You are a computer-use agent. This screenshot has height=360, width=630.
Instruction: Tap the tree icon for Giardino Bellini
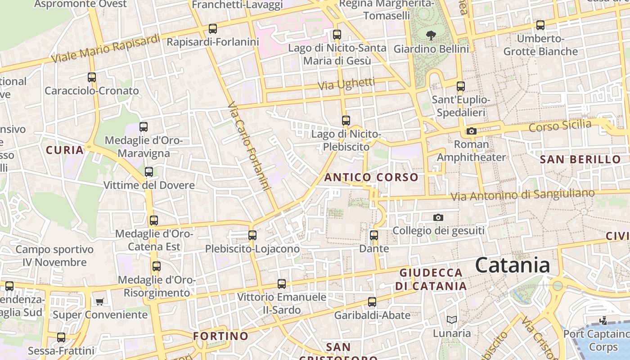click(x=431, y=35)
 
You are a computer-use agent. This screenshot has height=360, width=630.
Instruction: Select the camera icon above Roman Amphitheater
click(x=471, y=131)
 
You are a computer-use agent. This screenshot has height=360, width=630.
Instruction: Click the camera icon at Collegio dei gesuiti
click(x=438, y=217)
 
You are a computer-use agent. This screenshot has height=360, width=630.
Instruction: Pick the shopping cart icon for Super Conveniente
click(x=99, y=301)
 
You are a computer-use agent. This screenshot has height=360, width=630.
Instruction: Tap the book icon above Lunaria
click(x=452, y=319)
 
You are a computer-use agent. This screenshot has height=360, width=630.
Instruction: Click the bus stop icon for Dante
click(x=373, y=235)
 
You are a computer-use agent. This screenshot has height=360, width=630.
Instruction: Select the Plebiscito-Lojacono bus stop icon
click(x=252, y=235)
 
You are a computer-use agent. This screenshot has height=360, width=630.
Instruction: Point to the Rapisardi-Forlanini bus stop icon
click(x=212, y=29)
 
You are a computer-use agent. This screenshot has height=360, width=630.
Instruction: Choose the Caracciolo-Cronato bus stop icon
click(x=92, y=77)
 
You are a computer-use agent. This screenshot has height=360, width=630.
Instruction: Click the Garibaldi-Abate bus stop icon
click(x=372, y=301)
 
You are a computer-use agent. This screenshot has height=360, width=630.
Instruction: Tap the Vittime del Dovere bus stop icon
click(x=148, y=171)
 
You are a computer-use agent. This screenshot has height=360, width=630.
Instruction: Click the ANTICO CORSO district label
click(x=371, y=177)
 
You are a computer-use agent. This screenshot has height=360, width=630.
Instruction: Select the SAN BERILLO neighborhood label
click(x=580, y=159)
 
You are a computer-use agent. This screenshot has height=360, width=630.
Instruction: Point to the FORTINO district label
click(x=220, y=336)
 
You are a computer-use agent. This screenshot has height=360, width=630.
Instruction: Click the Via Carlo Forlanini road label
click(x=249, y=147)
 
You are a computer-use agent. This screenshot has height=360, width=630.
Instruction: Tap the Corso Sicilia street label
click(x=560, y=126)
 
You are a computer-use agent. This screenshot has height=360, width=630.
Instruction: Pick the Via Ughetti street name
click(x=346, y=84)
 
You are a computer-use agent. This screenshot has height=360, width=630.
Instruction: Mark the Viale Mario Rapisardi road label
click(x=105, y=49)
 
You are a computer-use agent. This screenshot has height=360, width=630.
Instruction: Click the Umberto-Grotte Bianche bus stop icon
click(x=540, y=25)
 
